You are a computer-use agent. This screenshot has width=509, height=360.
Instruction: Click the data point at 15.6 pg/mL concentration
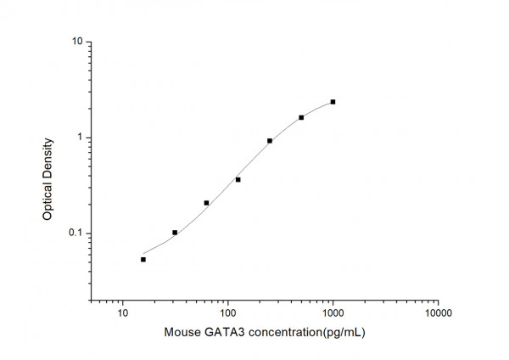143,259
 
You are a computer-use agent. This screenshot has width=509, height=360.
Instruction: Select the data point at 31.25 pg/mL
175,232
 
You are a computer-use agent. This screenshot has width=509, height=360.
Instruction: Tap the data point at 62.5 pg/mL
206,203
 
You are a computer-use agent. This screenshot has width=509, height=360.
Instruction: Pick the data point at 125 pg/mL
238,179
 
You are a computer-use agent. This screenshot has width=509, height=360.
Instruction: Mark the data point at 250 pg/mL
270,141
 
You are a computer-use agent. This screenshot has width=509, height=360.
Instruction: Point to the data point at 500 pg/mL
301,117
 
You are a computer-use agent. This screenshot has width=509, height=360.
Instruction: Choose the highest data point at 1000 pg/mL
333,102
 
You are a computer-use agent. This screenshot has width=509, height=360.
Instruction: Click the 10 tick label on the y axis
76,42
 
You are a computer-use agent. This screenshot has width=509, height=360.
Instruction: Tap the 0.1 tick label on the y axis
75,233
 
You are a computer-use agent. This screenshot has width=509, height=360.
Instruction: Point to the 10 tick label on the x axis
123,312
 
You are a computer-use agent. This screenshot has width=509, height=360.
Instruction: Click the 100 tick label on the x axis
228,312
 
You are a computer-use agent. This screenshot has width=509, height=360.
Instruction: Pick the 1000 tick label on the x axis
333,312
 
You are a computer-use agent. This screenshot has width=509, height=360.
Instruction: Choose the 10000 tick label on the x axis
439,312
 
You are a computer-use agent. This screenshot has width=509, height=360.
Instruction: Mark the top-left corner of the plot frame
92,42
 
